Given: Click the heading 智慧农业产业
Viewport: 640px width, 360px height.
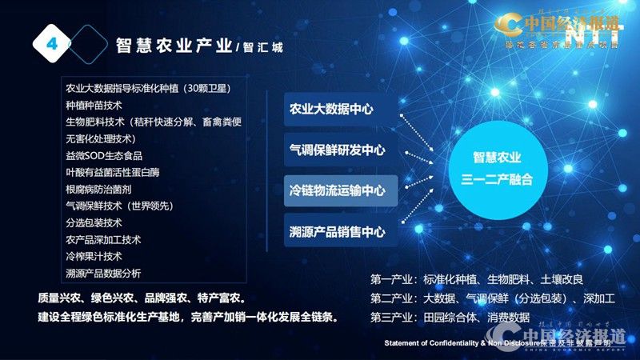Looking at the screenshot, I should pyautogui.click(x=174, y=46).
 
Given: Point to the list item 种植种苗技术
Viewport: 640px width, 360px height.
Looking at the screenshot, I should pyautogui.click(x=94, y=105).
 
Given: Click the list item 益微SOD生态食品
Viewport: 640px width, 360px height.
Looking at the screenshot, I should pyautogui.click(x=104, y=155).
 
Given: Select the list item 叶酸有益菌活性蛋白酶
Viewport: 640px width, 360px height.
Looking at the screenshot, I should pyautogui.click(x=114, y=172).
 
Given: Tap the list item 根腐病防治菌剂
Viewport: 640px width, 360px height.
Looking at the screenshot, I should pyautogui.click(x=99, y=189).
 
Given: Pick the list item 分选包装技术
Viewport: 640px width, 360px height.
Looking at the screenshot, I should pyautogui.click(x=94, y=222).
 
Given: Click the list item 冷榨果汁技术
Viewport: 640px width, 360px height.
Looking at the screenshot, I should pyautogui.click(x=94, y=256).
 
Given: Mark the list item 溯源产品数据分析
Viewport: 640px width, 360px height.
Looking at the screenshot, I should pyautogui.click(x=104, y=273).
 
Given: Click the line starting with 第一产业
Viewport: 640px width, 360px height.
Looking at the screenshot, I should pyautogui.click(x=477, y=279).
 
